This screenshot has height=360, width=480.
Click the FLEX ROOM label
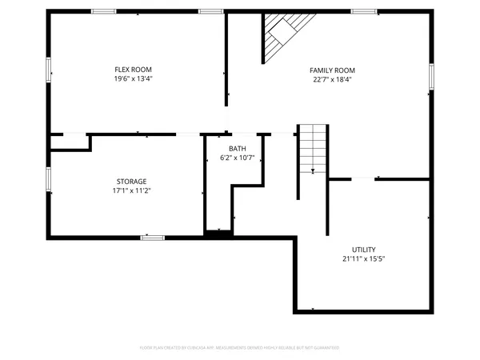click(x=133, y=70)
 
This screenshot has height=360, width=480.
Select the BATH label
click(x=238, y=149)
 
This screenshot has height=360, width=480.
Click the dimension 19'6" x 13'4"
click(x=133, y=79)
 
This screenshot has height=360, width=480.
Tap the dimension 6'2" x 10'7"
click(x=238, y=158)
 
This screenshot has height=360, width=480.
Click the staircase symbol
click(x=313, y=149)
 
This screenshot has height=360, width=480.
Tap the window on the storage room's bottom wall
click(x=153, y=237)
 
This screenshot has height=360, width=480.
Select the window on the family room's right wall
click(x=430, y=76)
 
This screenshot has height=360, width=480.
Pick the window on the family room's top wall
click(x=364, y=11)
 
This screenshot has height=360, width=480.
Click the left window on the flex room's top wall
click(x=103, y=11)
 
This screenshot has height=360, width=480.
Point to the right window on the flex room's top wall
click(x=210, y=11)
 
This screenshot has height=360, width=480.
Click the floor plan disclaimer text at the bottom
click(x=240, y=348)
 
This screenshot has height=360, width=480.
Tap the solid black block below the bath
click(x=218, y=234)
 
